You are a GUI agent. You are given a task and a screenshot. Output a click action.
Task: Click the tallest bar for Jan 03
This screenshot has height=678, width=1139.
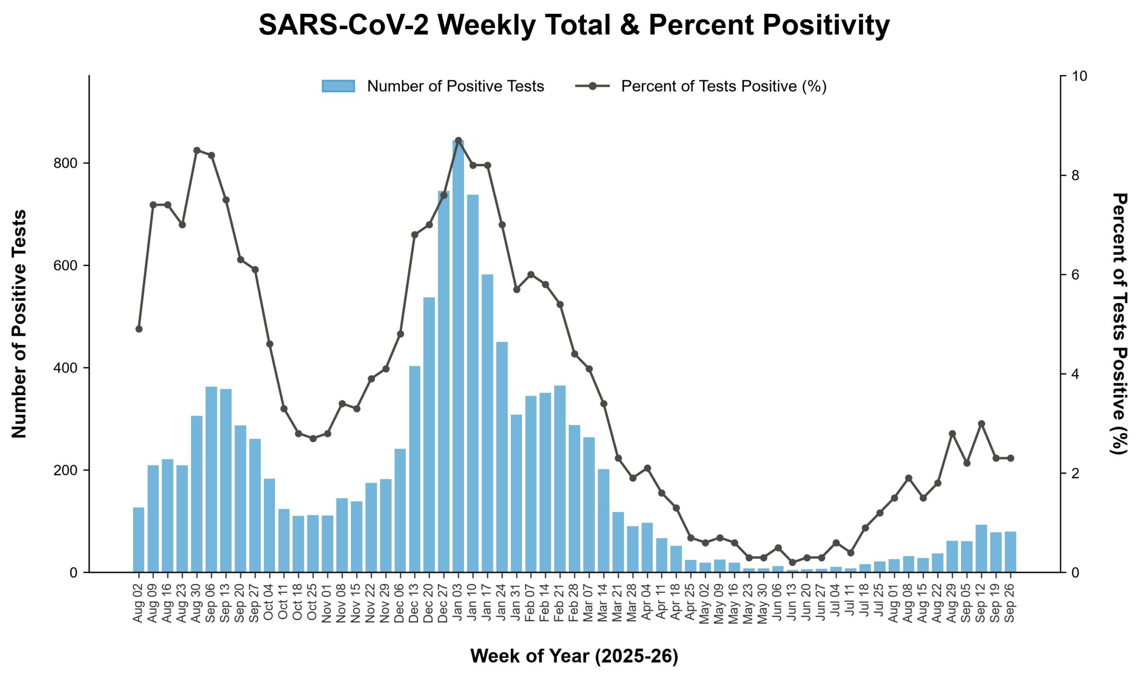(458, 356)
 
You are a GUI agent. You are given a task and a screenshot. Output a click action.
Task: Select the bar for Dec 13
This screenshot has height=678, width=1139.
(415, 469)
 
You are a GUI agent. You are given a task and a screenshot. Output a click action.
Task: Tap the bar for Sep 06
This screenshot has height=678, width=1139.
(211, 479)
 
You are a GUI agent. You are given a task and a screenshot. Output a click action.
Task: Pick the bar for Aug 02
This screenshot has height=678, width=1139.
(138, 540)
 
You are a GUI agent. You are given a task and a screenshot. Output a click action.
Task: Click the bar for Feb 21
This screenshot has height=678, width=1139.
(560, 479)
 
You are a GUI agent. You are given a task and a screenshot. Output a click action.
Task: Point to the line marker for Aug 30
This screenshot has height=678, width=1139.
(197, 150)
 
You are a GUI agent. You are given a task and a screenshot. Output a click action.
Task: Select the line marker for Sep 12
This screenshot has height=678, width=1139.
(981, 424)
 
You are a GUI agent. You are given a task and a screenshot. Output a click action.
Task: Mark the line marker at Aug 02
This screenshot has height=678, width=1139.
(139, 329)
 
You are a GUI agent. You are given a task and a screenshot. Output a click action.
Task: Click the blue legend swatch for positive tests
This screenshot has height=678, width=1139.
(338, 86)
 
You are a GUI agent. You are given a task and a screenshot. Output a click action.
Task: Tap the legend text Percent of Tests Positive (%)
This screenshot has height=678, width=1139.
(724, 86)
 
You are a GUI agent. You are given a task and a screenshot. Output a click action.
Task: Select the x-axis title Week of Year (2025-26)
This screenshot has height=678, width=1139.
(574, 656)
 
